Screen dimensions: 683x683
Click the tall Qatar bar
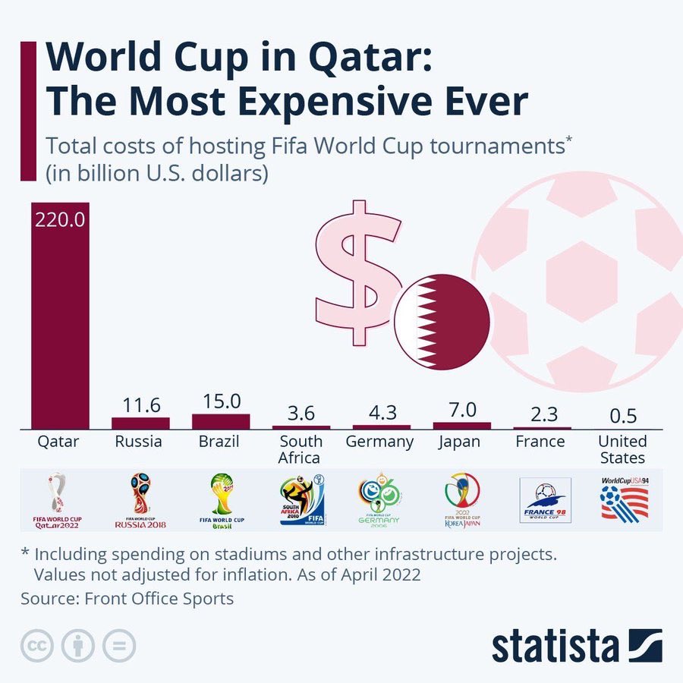(x=60, y=319)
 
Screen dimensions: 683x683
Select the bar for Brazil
(x=221, y=421)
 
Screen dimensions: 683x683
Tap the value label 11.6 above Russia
(x=140, y=404)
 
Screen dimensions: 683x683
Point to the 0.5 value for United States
(x=622, y=416)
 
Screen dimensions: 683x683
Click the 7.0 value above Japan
(x=462, y=410)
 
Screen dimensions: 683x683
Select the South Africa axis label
(x=301, y=449)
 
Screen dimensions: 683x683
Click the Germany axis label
(x=379, y=442)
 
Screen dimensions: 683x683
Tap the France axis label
(x=540, y=442)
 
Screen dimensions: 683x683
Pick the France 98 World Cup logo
(x=543, y=501)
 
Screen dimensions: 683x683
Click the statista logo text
(x=555, y=647)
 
